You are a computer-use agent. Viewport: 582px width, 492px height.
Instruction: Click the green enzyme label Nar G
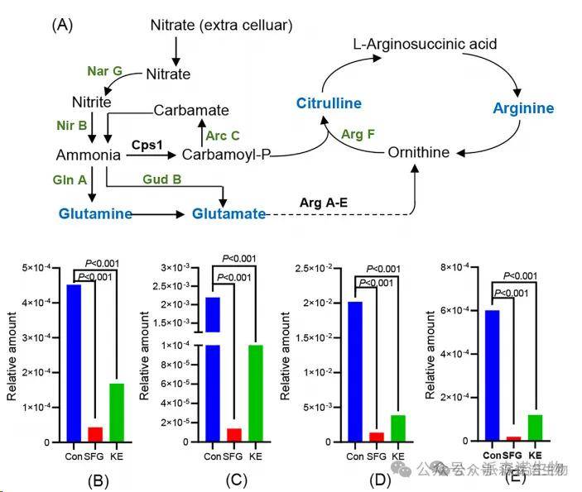105,70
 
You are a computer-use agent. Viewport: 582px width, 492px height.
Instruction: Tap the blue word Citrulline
329,103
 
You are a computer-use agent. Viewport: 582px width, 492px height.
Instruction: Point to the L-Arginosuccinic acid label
425,43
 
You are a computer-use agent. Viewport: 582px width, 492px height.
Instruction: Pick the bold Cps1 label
147,143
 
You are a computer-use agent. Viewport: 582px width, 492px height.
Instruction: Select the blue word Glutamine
95,214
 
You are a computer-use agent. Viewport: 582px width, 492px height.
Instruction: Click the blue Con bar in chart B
74,363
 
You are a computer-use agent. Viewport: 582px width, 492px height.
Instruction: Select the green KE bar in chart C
256,393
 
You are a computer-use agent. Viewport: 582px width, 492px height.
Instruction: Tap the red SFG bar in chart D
377,437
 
